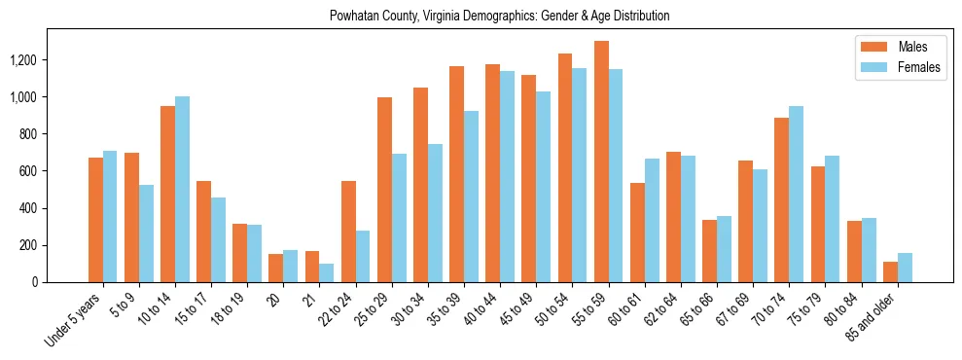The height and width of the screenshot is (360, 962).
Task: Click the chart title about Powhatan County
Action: [500, 17]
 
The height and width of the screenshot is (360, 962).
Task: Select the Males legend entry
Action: [912, 47]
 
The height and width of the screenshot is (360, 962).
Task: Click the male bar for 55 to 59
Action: [602, 162]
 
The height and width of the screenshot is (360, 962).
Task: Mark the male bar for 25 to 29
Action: [384, 190]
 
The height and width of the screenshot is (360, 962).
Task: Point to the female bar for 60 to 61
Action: [652, 221]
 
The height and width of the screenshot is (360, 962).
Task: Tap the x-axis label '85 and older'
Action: [875, 317]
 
